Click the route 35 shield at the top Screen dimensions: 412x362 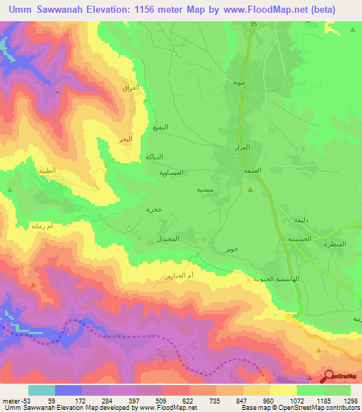coord(252,25)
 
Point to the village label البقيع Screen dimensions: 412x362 coord(161,128)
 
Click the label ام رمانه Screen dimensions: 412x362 coord(44,226)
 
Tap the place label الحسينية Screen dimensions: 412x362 coord(302,239)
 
